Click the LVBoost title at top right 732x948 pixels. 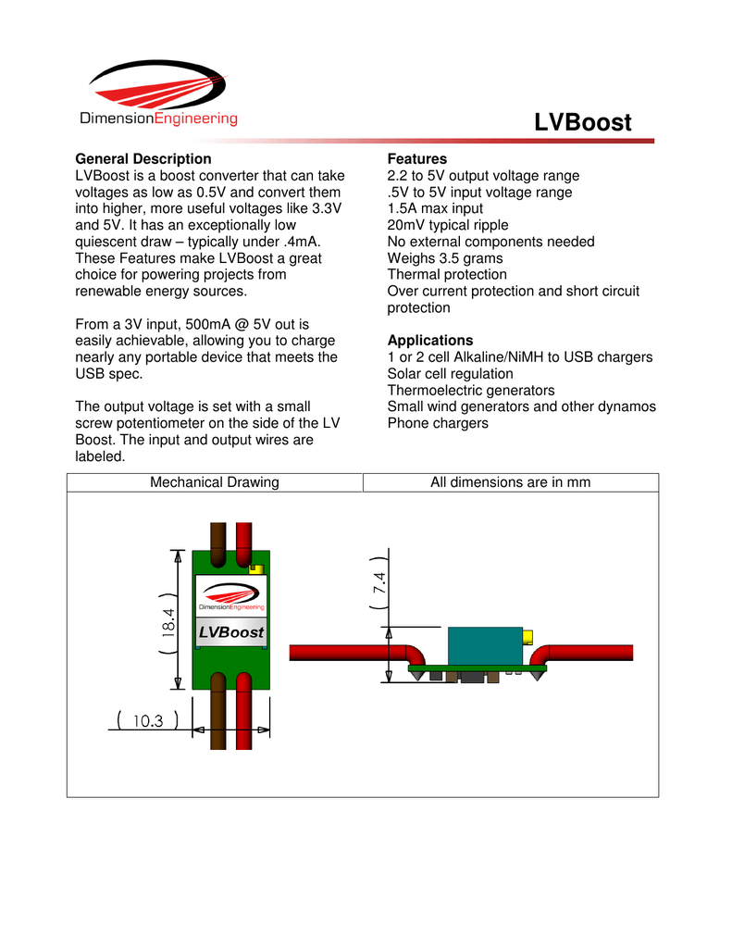pos(583,122)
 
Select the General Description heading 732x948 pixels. pos(143,159)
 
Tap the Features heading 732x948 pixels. pos(416,159)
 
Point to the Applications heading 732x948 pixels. pos(430,341)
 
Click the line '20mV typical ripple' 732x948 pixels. pos(448,225)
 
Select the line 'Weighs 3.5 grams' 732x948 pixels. pos(445,258)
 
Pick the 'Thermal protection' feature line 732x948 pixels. pos(447,275)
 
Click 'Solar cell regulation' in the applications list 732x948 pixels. pos(450,374)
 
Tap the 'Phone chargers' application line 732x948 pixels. pos(437,423)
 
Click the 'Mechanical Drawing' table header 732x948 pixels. pos(215,482)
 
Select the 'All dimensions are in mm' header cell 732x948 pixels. pos(511,482)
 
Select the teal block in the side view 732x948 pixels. pos(484,646)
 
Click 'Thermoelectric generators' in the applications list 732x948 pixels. pos(471,391)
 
